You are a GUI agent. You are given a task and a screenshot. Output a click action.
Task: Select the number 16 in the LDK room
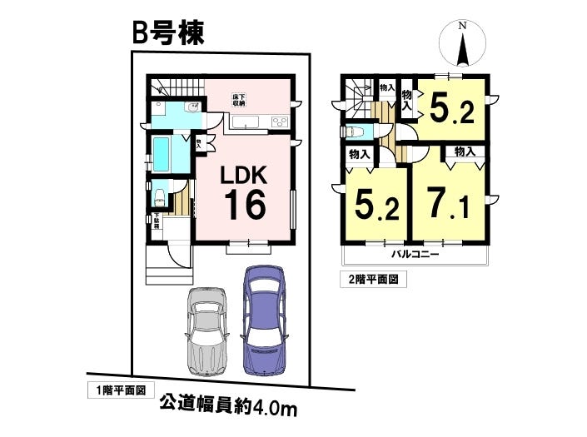[x=242, y=203]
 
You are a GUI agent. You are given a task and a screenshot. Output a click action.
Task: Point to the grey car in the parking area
[x=206, y=329]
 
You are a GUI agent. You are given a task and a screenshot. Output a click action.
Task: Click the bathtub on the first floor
[x=162, y=155]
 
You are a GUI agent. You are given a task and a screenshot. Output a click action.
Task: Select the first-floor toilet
[x=161, y=196]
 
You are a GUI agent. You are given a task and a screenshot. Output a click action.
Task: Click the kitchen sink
[x=247, y=124]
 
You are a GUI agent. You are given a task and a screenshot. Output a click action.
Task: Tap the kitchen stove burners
[x=279, y=124]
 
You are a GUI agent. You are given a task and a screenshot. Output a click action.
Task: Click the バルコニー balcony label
[x=411, y=254]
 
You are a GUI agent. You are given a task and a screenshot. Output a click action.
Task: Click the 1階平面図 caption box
[x=119, y=390]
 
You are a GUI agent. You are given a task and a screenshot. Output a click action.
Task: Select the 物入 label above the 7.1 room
[x=465, y=151]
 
